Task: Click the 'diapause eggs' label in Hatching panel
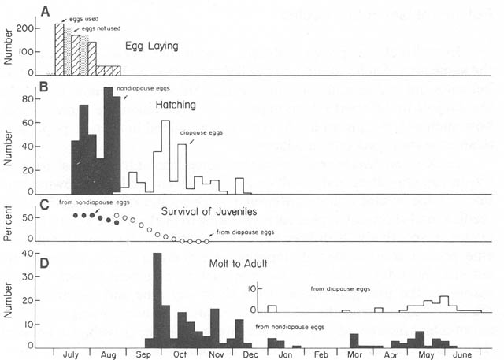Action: pyautogui.click(x=202, y=132)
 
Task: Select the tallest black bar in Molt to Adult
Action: pyautogui.click(x=157, y=300)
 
